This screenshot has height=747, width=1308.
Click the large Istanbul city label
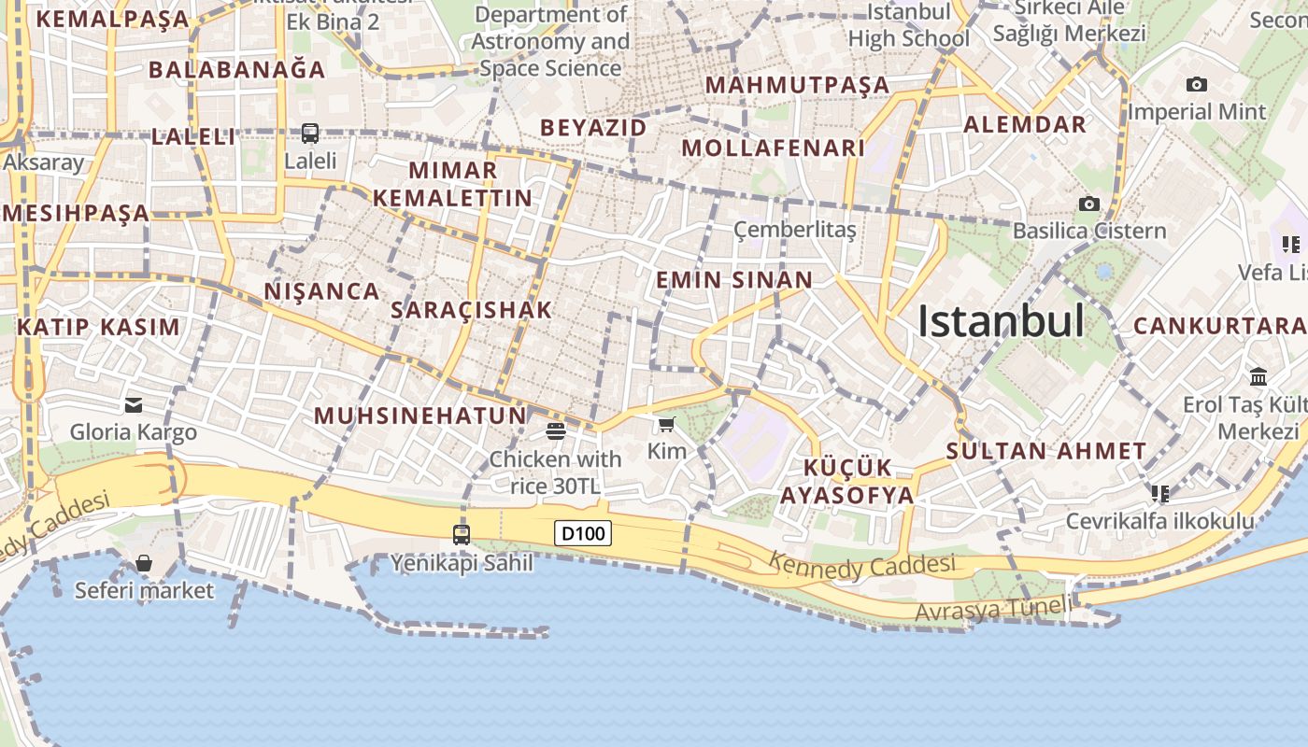pyautogui.click(x=1001, y=321)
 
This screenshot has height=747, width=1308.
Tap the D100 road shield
pyautogui.click(x=583, y=533)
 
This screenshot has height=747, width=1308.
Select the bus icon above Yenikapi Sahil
pyautogui.click(x=462, y=534)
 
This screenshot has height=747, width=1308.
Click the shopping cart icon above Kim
pyautogui.click(x=666, y=426)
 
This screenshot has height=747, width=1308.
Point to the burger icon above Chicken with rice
pyautogui.click(x=556, y=430)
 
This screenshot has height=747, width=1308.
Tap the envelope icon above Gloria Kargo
pyautogui.click(x=134, y=405)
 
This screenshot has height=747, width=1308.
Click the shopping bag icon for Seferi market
pyautogui.click(x=144, y=563)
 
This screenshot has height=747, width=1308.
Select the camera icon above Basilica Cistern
pyautogui.click(x=1088, y=204)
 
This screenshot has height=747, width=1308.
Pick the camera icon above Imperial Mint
pyautogui.click(x=1196, y=85)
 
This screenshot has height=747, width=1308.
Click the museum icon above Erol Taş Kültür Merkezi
pyautogui.click(x=1258, y=377)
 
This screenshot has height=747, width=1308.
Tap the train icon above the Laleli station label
pyautogui.click(x=310, y=134)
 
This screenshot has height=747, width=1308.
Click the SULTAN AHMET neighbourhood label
pyautogui.click(x=1045, y=451)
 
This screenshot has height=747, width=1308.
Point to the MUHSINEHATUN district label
pyautogui.click(x=420, y=416)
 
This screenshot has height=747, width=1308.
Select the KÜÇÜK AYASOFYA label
pyautogui.click(x=847, y=482)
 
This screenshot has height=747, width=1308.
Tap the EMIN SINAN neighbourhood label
pyautogui.click(x=734, y=280)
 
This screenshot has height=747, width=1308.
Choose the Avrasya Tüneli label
pyautogui.click(x=994, y=609)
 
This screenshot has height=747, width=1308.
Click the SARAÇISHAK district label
pyautogui.click(x=471, y=310)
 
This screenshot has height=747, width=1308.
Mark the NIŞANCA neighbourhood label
pyautogui.click(x=321, y=291)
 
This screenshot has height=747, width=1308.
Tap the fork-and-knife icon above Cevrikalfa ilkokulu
pyautogui.click(x=1159, y=492)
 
